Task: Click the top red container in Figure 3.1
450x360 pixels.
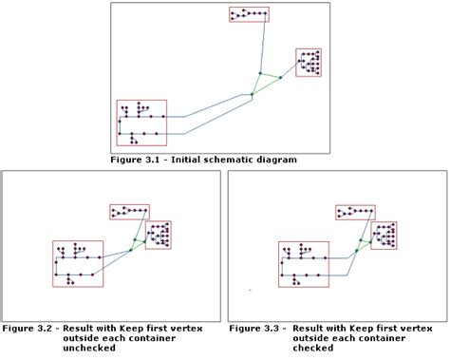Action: (x=249, y=14)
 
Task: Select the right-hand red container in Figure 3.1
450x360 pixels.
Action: (x=309, y=62)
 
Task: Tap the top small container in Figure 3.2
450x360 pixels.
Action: (x=129, y=212)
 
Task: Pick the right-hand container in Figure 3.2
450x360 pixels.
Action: (x=158, y=234)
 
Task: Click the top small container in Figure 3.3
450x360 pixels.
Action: (x=355, y=212)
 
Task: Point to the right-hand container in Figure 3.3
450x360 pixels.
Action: (x=384, y=234)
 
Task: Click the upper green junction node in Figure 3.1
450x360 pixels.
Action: (x=259, y=73)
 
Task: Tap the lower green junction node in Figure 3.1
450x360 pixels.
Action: (x=252, y=94)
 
